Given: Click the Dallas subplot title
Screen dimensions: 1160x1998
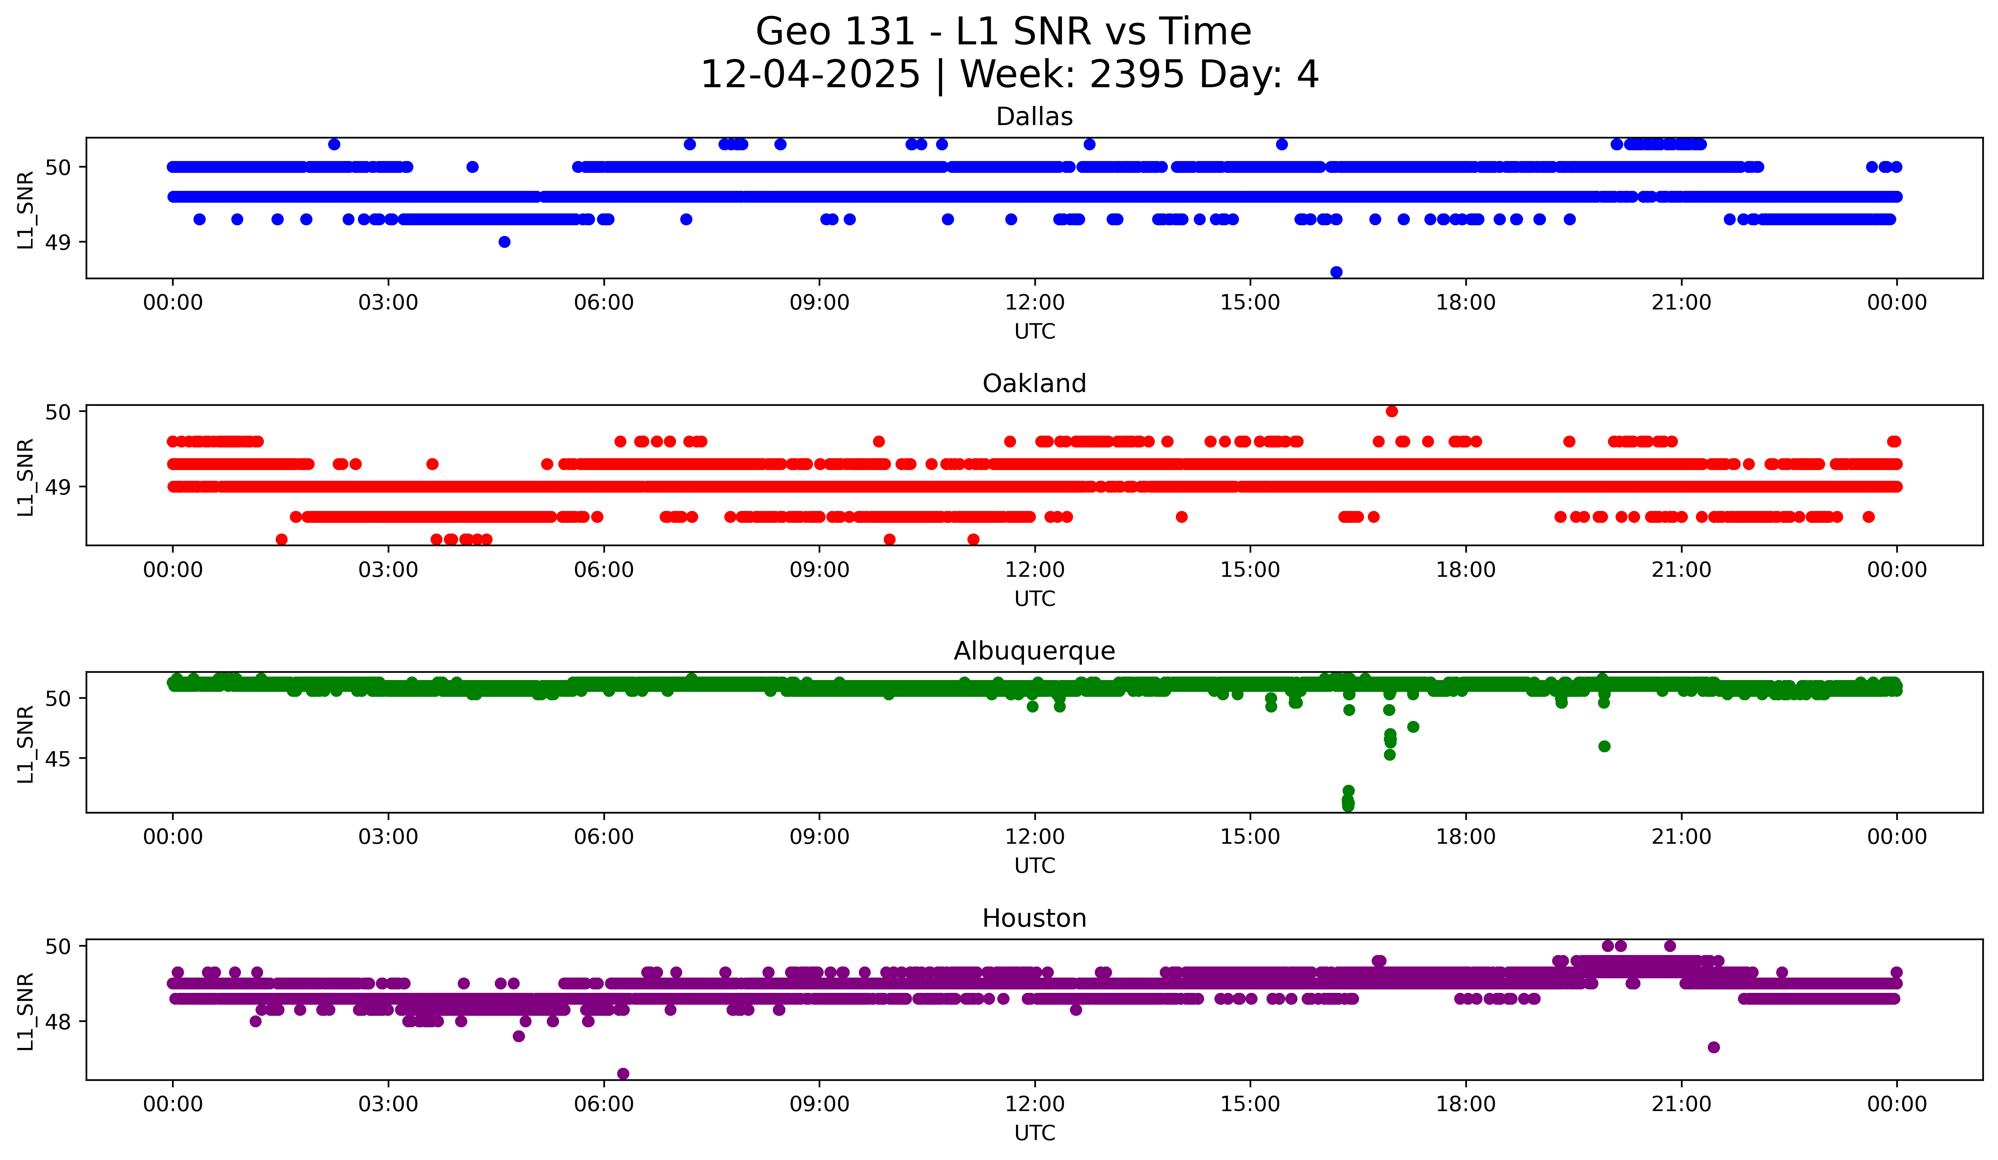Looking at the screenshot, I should (1034, 117).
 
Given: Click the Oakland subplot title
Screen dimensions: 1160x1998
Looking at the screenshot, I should (1034, 384).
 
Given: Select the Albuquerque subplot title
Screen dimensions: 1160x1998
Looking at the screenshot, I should (1034, 651).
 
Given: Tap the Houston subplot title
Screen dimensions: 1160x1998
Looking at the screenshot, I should (1034, 918).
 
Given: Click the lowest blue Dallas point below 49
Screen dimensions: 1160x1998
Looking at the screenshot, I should (1336, 272).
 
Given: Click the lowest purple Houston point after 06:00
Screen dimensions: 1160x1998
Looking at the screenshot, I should (623, 1074).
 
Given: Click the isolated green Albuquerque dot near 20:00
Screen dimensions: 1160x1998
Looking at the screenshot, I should (1604, 746).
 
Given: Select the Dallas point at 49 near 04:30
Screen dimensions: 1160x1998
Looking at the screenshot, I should (504, 242).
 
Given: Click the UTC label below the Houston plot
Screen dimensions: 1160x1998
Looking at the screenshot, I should (1035, 1133).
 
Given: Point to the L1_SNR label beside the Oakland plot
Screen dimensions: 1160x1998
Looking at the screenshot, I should (25, 477).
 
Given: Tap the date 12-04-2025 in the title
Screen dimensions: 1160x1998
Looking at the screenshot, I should (810, 75).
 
